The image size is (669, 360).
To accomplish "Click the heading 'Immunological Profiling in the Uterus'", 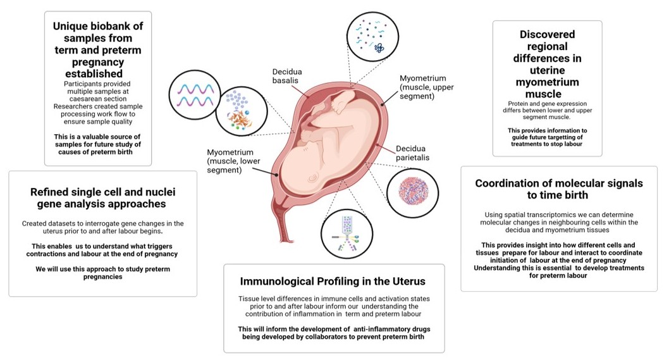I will point(333,281).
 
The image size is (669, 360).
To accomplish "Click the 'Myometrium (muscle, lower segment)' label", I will point(233,161).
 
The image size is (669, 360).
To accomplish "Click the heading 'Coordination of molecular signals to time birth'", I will point(558,189).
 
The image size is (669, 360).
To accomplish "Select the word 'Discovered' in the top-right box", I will point(547,34).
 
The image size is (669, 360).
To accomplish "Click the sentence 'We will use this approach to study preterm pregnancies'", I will point(102,273).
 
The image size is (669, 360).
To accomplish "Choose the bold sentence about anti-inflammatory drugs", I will point(333,333).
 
